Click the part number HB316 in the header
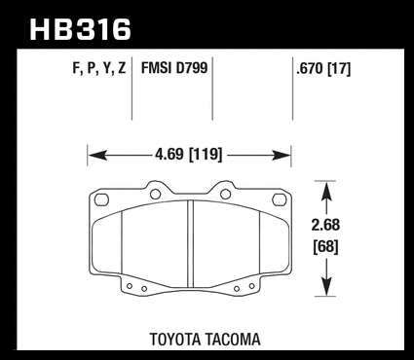pos(80,29)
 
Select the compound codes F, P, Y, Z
pos(99,69)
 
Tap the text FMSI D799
pos(174,68)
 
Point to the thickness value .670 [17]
pos(323,69)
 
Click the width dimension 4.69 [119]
pos(189,154)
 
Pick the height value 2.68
pos(325,225)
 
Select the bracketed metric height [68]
pos(325,246)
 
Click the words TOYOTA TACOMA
pos(205,340)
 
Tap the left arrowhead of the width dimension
pos(97,156)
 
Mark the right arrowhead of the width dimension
pos(282,156)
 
